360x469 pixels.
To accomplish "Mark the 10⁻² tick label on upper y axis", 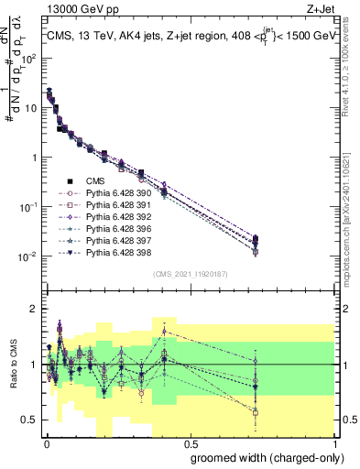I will click(29, 256).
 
